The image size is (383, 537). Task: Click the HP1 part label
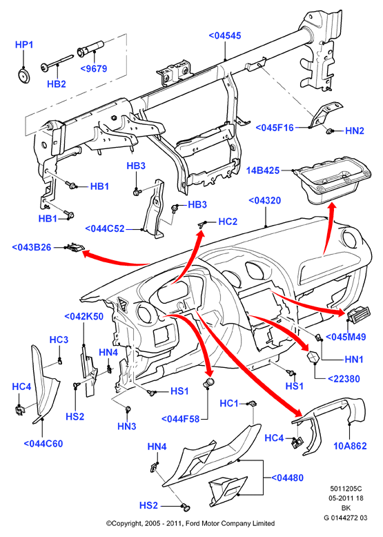pyautogui.click(x=24, y=45)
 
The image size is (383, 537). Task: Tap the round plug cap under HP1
pyautogui.click(x=23, y=76)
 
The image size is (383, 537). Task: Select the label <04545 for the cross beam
pyautogui.click(x=225, y=36)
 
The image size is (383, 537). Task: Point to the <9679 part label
pyautogui.click(x=93, y=68)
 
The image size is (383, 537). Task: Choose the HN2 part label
pyautogui.click(x=355, y=131)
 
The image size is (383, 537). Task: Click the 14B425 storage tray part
pyautogui.click(x=333, y=184)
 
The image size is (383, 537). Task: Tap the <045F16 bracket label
pyautogui.click(x=275, y=128)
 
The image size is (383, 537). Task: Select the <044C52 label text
pyautogui.click(x=105, y=228)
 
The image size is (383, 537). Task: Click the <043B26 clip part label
pyautogui.click(x=32, y=247)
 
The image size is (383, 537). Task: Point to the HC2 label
pyautogui.click(x=228, y=222)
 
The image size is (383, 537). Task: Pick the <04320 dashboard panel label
pyautogui.click(x=264, y=200)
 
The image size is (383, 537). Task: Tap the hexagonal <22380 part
pyautogui.click(x=313, y=357)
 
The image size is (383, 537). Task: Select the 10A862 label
pyautogui.click(x=350, y=446)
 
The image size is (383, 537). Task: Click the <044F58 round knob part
pyautogui.click(x=209, y=383)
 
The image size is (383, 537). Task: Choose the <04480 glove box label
pyautogui.click(x=287, y=478)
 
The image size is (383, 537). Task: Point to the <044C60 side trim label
pyautogui.click(x=43, y=444)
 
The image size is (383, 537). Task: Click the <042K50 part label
pyautogui.click(x=84, y=316)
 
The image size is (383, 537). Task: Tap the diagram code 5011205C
pyautogui.click(x=346, y=489)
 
